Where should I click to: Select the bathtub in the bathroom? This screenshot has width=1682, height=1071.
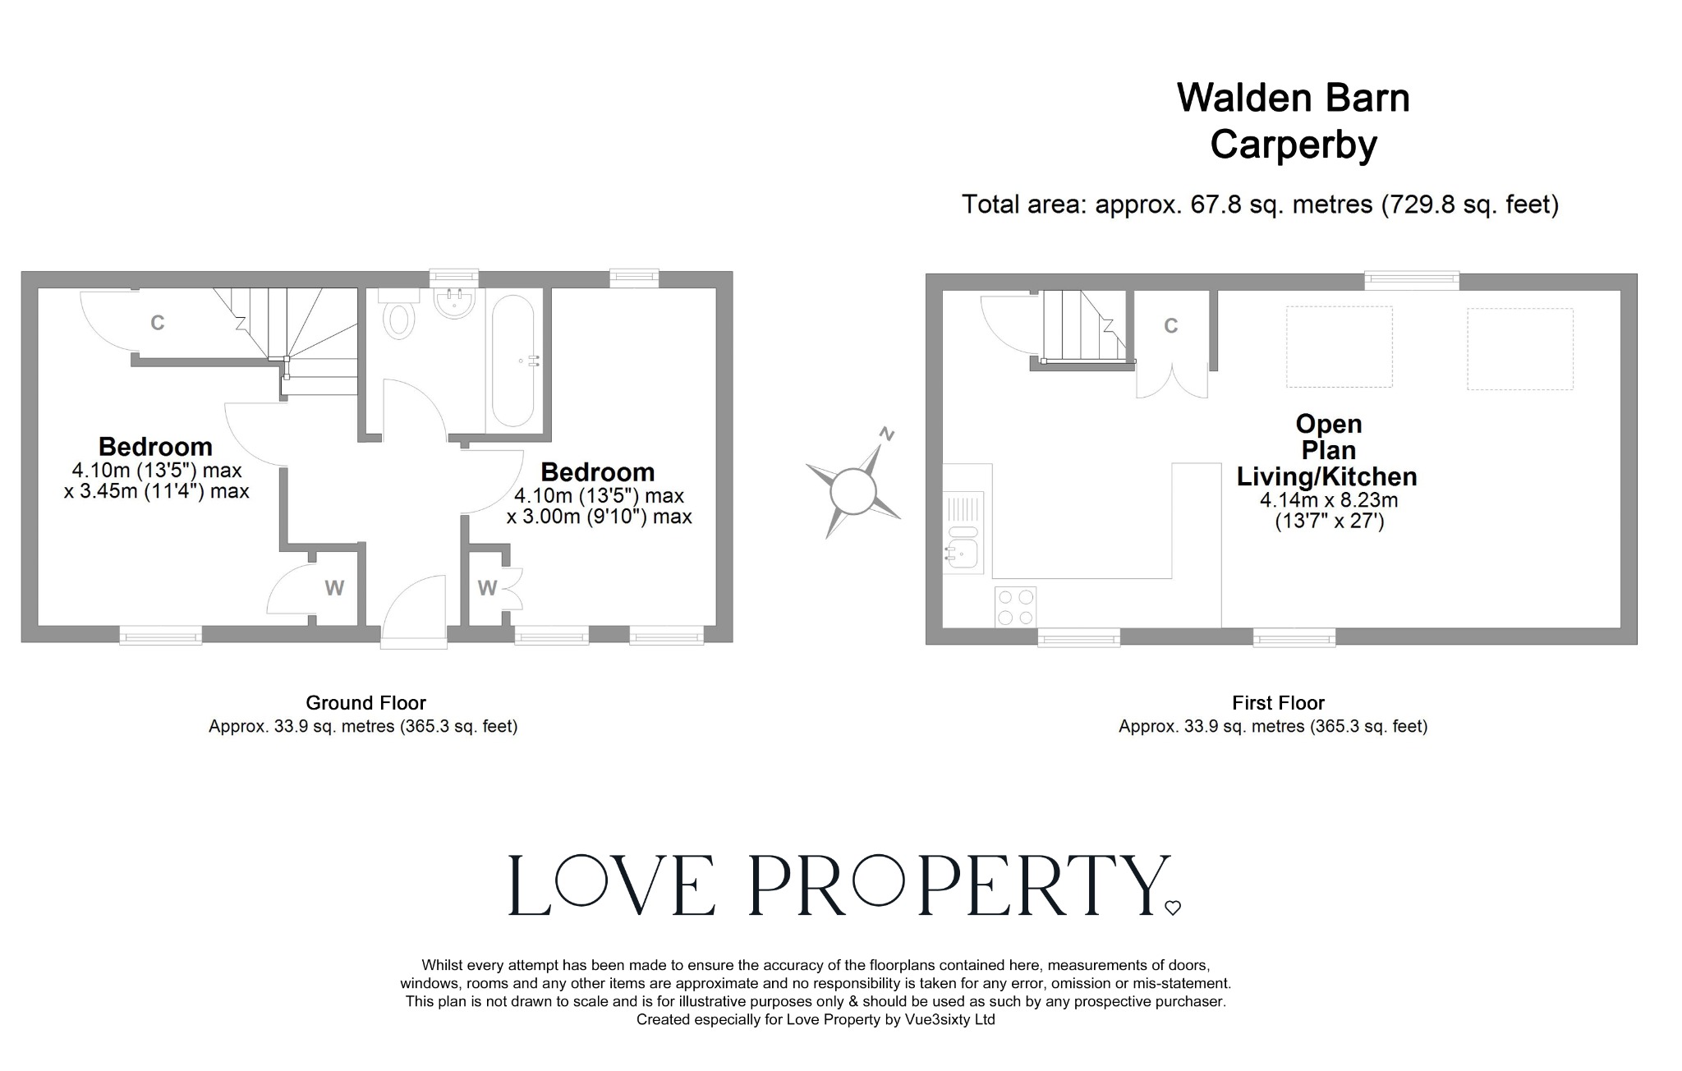(x=512, y=361)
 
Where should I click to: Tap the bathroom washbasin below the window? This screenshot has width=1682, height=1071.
(x=453, y=301)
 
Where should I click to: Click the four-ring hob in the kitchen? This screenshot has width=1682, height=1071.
(x=1015, y=607)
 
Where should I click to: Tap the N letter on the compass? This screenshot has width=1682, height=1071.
(x=886, y=433)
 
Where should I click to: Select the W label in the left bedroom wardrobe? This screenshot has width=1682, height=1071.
(x=333, y=588)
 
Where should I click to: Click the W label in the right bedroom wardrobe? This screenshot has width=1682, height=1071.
(x=487, y=588)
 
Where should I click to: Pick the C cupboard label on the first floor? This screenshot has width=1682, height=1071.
(x=1170, y=326)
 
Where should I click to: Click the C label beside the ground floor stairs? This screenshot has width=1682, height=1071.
(x=157, y=323)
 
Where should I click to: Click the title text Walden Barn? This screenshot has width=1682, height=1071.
(x=1293, y=98)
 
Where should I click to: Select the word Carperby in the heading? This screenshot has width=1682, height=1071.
(x=1293, y=145)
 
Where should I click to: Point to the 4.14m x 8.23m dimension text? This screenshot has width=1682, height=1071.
(x=1328, y=500)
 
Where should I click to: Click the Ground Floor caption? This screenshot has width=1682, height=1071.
(x=365, y=703)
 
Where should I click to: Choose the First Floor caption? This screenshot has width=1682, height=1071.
(x=1278, y=703)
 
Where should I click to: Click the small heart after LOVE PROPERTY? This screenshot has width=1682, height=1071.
(x=1172, y=908)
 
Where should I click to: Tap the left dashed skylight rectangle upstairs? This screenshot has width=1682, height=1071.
(x=1339, y=346)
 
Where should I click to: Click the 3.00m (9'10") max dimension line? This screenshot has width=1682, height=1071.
(x=599, y=517)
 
